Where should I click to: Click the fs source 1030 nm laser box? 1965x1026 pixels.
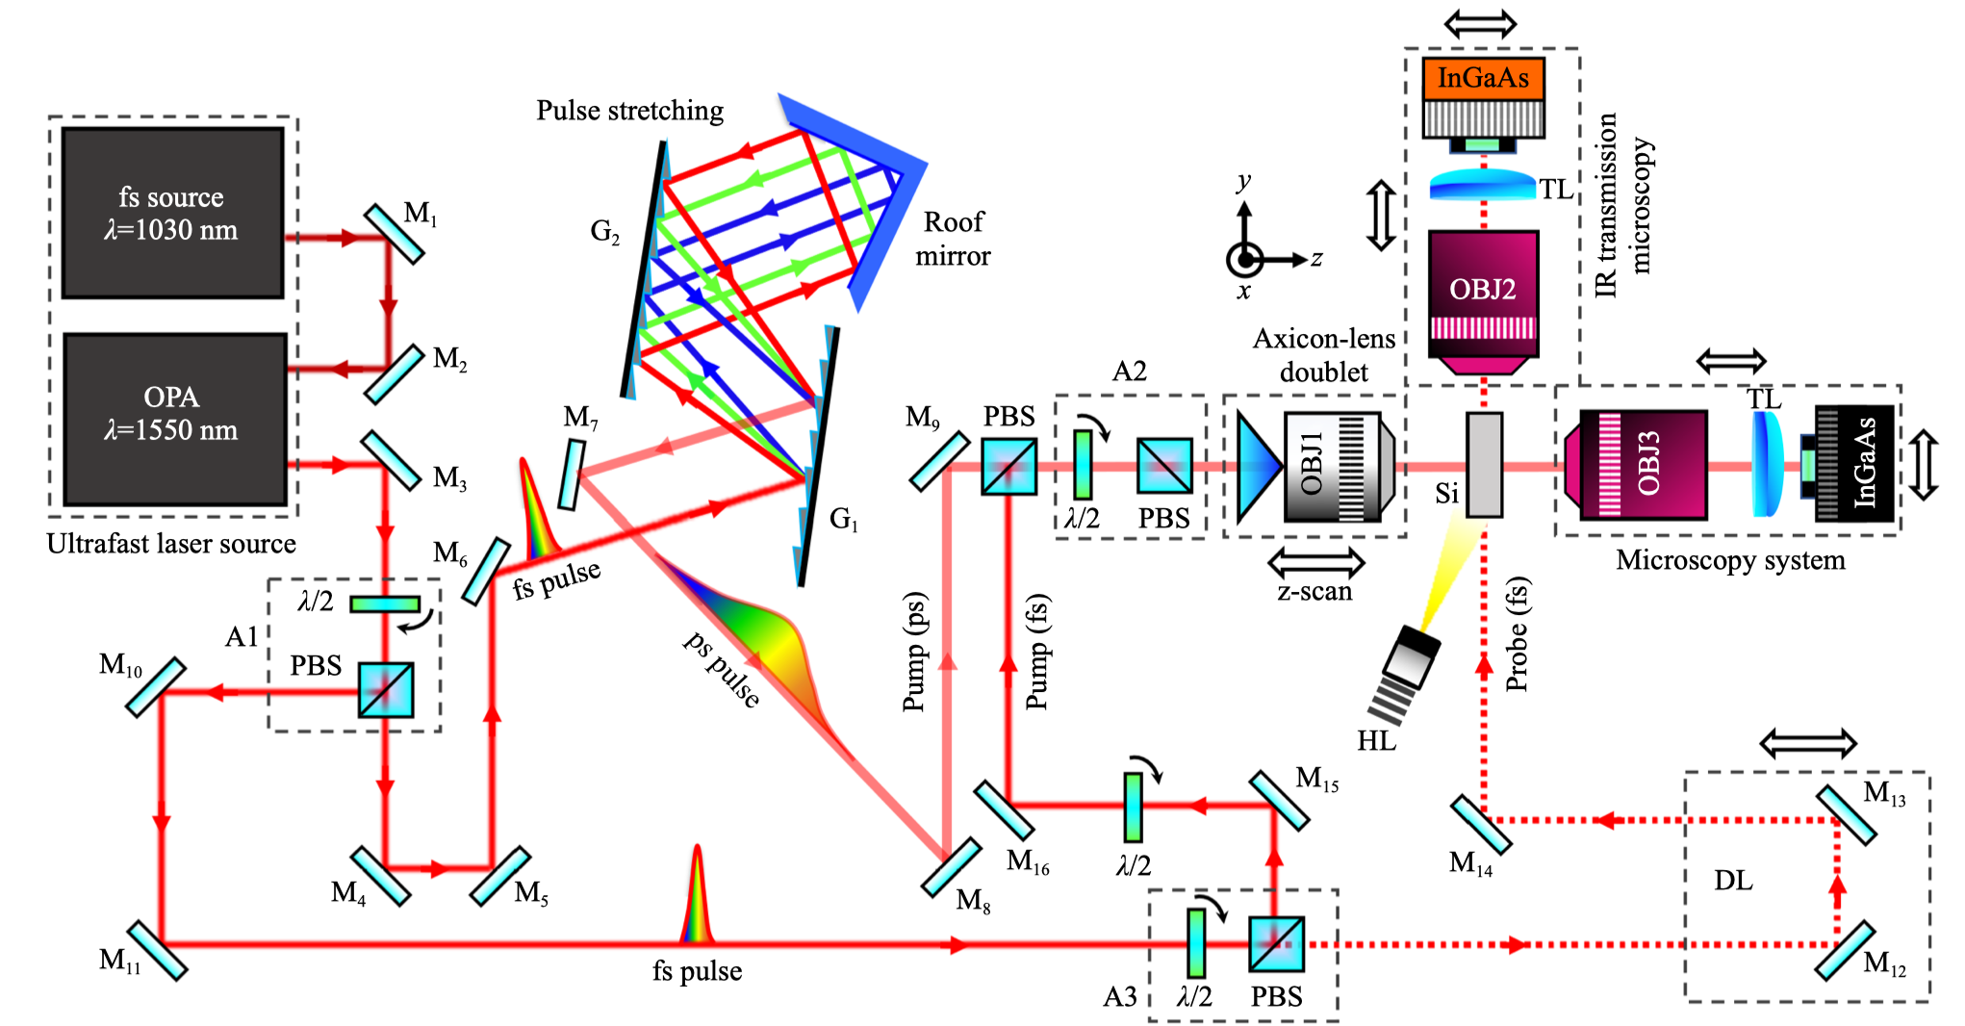coord(173,213)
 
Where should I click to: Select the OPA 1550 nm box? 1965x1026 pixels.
coord(175,419)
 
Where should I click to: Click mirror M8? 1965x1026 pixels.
coord(951,867)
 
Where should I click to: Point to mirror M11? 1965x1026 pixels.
coord(157,950)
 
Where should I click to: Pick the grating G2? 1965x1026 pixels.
coord(648,269)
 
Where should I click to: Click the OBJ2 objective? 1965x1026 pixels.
coord(1483,302)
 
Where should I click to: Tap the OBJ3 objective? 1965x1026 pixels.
coord(1635,465)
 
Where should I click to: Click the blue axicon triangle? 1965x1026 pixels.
coord(1260,467)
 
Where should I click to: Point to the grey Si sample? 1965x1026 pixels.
coord(1484,465)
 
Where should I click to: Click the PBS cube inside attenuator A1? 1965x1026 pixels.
coord(386,690)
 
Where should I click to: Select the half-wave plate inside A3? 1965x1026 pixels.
coord(1196,943)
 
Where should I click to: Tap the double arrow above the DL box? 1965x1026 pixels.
coord(1808,743)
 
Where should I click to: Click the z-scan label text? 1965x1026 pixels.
coord(1314,592)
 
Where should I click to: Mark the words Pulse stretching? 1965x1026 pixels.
coord(630,112)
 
